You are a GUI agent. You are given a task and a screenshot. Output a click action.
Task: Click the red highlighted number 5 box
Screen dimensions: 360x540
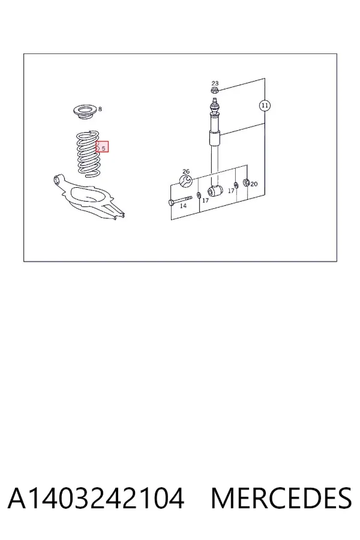pos(102,147)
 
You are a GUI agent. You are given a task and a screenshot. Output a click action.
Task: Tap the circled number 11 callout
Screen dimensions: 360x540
pos(265,106)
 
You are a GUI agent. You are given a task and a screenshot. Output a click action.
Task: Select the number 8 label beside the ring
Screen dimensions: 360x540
pos(100,109)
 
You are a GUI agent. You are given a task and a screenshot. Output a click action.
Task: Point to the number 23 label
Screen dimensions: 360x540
pos(215,83)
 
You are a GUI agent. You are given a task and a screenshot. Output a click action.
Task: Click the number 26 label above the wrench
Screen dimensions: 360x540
pos(186,172)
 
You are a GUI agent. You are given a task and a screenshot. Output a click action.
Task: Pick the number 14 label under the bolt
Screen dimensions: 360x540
pos(183,206)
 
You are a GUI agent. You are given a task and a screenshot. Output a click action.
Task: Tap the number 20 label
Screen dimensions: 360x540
pos(254,184)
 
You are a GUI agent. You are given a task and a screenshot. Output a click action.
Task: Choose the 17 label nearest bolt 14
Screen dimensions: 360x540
pos(205,200)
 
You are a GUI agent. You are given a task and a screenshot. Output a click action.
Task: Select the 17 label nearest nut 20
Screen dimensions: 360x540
pos(231,191)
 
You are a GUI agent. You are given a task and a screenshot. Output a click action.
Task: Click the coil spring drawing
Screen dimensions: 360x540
pos(88,154)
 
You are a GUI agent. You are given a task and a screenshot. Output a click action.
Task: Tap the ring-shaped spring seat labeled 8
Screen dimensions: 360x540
pos(85,113)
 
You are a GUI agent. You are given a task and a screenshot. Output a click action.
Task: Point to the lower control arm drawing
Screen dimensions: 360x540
pos(89,198)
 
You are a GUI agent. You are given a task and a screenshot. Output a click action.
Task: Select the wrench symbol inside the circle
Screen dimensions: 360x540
pos(185,181)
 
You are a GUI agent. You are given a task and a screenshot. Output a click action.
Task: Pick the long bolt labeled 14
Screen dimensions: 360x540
pos(180,200)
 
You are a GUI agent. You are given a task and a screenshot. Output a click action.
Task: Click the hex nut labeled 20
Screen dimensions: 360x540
pos(247,182)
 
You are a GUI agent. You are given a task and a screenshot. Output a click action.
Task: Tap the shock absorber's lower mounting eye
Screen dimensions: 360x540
pos(215,191)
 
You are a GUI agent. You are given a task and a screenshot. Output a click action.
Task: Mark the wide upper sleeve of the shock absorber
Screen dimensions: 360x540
pos(214,139)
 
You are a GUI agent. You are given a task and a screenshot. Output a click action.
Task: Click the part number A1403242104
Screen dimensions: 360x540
pos(96,499)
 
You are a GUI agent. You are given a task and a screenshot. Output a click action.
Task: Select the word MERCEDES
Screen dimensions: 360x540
pos(281,499)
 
